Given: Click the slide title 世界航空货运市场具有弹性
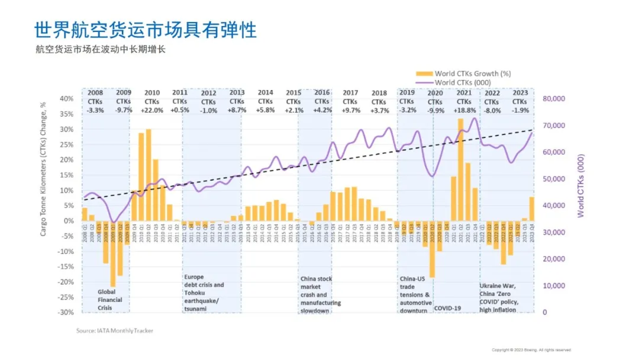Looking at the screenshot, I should pyautogui.click(x=145, y=30).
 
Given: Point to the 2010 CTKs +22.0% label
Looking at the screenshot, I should pyautogui.click(x=151, y=101).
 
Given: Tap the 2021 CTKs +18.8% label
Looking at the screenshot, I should pyautogui.click(x=464, y=101).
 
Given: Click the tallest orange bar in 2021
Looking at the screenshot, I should pyautogui.click(x=460, y=169).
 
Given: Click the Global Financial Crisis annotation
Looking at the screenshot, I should pyautogui.click(x=110, y=300).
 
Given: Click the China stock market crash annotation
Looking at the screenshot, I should pyautogui.click(x=321, y=294).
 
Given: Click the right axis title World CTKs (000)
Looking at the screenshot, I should pyautogui.click(x=580, y=185).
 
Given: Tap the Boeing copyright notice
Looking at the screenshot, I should pyautogui.click(x=531, y=350).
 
